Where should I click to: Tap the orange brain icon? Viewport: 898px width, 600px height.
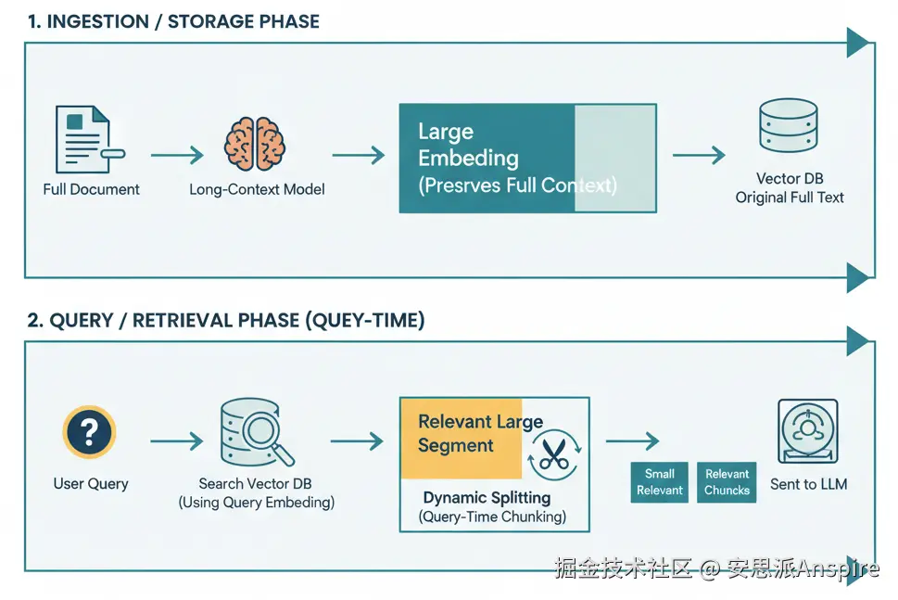256,144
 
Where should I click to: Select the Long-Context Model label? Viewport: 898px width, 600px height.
257,189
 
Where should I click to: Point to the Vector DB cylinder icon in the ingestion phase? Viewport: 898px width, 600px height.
788,127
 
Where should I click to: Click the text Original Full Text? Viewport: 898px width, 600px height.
790,197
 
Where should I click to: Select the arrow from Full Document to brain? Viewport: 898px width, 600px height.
177,155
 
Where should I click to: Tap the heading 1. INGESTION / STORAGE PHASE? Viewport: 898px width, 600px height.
173,21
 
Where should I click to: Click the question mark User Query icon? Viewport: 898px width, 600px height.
89,432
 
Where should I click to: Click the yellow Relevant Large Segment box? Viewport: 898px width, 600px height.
462,436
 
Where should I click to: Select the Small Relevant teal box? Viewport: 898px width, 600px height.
660,482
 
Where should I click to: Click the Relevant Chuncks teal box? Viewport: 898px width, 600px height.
727,482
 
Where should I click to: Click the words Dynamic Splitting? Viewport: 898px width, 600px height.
487,498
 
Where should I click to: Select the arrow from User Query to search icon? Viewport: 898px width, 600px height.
177,441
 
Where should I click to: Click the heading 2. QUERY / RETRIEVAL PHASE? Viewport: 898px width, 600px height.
225,320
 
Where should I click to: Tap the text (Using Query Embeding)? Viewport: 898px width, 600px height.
256,503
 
